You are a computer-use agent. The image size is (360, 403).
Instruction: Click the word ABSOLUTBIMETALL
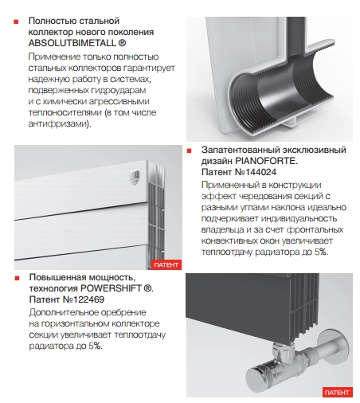[72, 43]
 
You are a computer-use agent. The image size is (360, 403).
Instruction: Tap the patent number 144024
[260, 172]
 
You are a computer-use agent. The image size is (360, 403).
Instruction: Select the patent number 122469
[88, 299]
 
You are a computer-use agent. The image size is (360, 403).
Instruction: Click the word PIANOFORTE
[266, 161]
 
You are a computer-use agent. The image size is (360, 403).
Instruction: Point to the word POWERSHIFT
[111, 288]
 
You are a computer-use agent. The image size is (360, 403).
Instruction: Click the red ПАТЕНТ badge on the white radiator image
[166, 264]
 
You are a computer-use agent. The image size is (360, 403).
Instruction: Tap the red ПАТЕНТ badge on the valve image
[337, 393]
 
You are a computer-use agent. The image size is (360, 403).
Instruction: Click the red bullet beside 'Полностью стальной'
[16, 22]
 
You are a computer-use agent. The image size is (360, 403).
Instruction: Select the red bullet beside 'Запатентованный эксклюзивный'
[189, 151]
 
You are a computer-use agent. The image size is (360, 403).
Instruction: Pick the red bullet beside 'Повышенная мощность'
[18, 278]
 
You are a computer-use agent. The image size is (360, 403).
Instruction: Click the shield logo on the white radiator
[135, 178]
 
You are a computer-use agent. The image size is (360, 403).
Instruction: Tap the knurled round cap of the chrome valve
[257, 375]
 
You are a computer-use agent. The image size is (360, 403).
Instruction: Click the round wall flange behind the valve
[333, 345]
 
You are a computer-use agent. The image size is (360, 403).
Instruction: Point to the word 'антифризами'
[60, 123]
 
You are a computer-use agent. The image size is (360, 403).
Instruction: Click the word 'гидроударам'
[119, 90]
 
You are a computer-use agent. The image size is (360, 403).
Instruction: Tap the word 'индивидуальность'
[299, 218]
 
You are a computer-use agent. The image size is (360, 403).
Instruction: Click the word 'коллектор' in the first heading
[51, 32]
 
